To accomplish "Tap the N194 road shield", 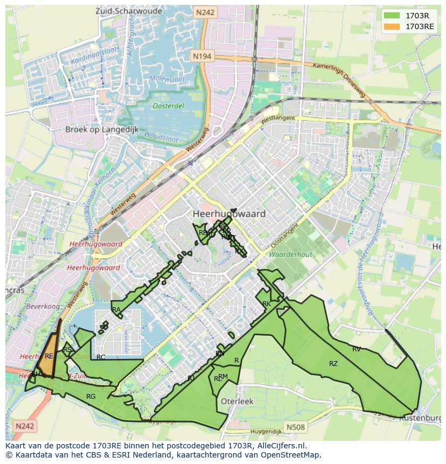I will coord(203,56).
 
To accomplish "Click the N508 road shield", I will coord(295,427).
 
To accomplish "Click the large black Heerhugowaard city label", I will coord(229,214).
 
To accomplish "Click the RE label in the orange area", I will coord(49,356).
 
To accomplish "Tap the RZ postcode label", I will coord(333,364).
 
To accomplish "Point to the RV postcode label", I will coord(357,349).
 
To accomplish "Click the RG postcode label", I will coord(91,397).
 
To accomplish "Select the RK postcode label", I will coord(266,304).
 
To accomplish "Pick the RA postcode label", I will coord(116,310).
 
